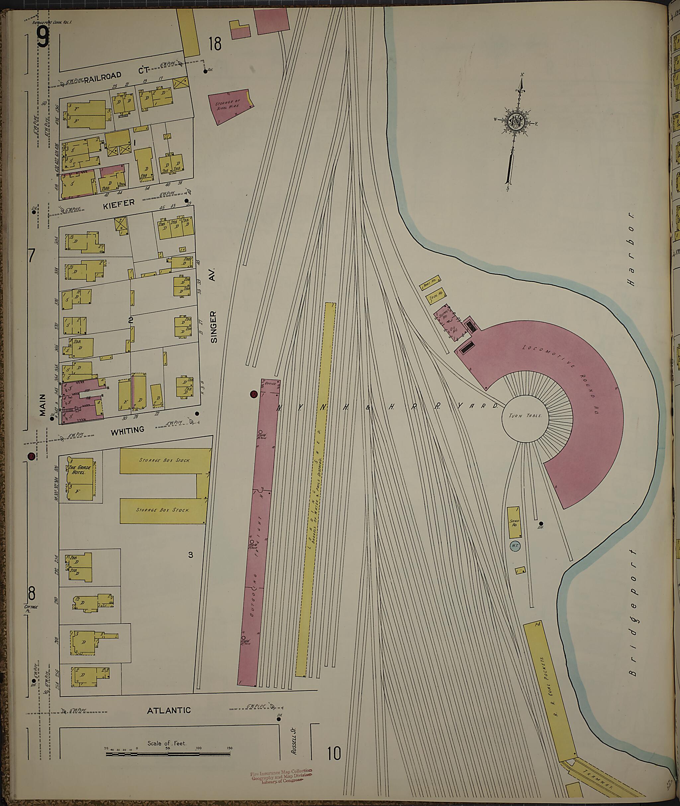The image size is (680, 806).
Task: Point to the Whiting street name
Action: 127,430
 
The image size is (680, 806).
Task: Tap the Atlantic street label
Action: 169,710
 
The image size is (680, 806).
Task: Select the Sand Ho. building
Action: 514,522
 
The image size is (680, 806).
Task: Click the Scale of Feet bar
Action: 167,753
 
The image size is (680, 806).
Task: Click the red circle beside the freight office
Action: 253,394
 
